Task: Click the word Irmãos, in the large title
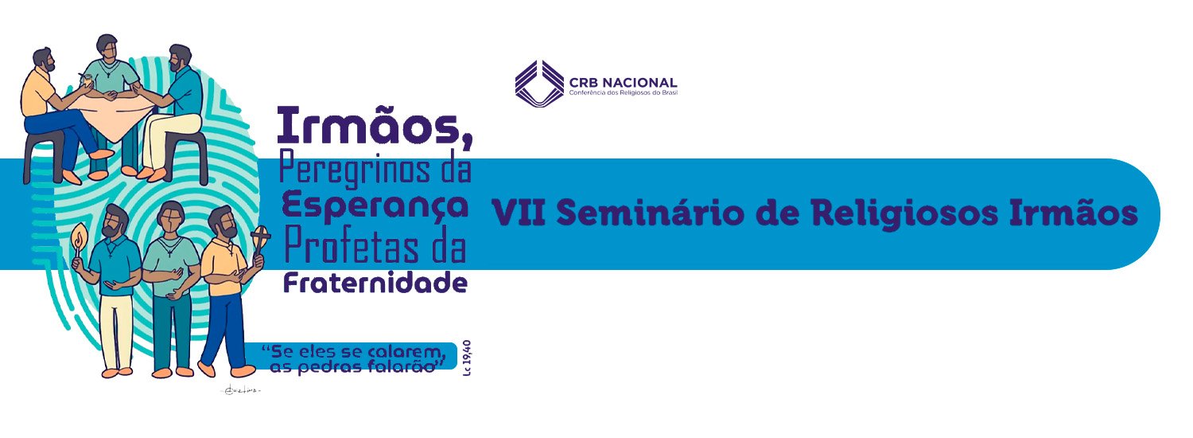(375, 127)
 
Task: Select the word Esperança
(375, 207)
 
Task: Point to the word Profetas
(352, 247)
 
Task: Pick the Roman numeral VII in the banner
(518, 213)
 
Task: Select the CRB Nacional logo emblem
(539, 84)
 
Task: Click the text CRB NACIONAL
(623, 83)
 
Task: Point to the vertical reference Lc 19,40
(467, 358)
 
